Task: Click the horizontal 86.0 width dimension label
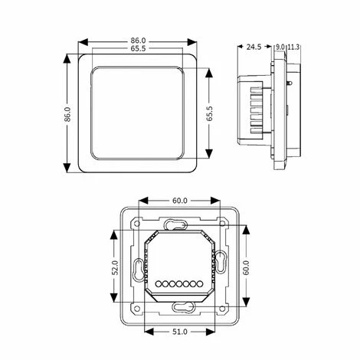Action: [x=138, y=41]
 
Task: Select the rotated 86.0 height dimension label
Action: [x=67, y=114]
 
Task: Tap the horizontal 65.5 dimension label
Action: [x=138, y=48]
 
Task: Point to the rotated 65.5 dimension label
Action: [x=209, y=113]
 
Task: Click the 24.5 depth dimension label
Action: [x=254, y=47]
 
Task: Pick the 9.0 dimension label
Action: [x=280, y=47]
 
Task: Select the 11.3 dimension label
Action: [x=293, y=47]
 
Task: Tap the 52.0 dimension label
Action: [x=116, y=267]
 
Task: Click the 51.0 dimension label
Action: [x=180, y=332]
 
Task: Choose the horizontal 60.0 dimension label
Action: [x=180, y=201]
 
